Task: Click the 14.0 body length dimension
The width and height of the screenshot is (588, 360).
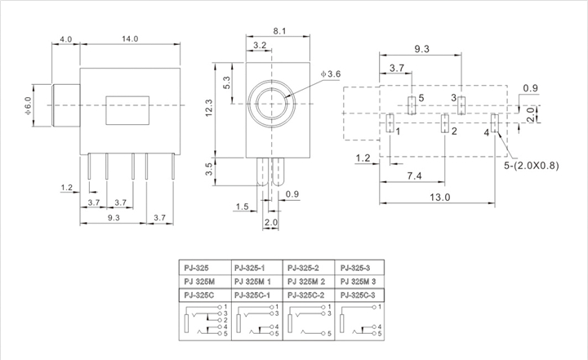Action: [x=130, y=38]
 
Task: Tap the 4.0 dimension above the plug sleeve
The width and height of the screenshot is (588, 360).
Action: [x=65, y=39]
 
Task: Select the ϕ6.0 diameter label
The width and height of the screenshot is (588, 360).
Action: [x=28, y=106]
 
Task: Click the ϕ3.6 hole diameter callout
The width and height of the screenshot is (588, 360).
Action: [x=331, y=73]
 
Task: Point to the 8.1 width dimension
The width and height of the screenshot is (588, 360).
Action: [x=279, y=31]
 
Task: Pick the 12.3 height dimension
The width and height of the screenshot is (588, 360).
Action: [x=209, y=108]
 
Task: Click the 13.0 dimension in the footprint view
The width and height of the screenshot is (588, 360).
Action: [x=439, y=197]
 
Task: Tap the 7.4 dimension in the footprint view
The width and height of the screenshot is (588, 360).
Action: [x=414, y=176]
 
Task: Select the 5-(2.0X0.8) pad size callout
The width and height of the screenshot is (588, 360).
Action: [x=531, y=166]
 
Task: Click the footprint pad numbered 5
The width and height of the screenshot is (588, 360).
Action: [x=412, y=105]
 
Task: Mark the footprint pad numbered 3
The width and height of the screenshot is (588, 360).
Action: [x=461, y=105]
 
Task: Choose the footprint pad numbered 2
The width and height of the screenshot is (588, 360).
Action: [x=445, y=123]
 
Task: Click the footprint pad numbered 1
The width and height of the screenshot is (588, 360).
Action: [x=390, y=123]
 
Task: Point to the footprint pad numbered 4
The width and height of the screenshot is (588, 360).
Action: [x=495, y=123]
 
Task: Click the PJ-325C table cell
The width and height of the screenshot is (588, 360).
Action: [x=205, y=296]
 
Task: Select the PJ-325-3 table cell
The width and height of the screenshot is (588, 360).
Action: [x=359, y=268]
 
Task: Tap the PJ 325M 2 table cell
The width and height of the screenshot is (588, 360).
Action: [x=308, y=282]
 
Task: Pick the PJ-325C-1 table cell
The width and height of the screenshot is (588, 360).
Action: [x=257, y=296]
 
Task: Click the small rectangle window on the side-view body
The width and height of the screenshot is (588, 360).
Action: [x=127, y=110]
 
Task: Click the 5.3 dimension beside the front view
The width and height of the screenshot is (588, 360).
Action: [x=227, y=82]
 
